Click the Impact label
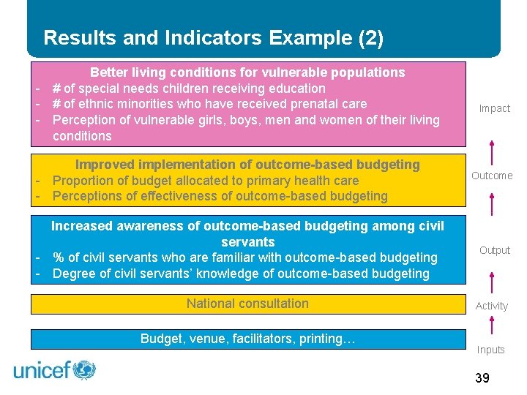pyautogui.click(x=494, y=108)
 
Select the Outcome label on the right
pyautogui.click(x=491, y=176)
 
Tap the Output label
pyautogui.click(x=494, y=250)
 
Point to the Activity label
pyautogui.click(x=491, y=306)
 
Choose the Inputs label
pyautogui.click(x=490, y=350)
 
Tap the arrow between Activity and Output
pyautogui.click(x=492, y=281)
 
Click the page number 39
pyautogui.click(x=482, y=377)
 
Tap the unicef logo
pyautogui.click(x=55, y=369)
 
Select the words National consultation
pyautogui.click(x=247, y=304)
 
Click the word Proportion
pyautogui.click(x=83, y=181)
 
